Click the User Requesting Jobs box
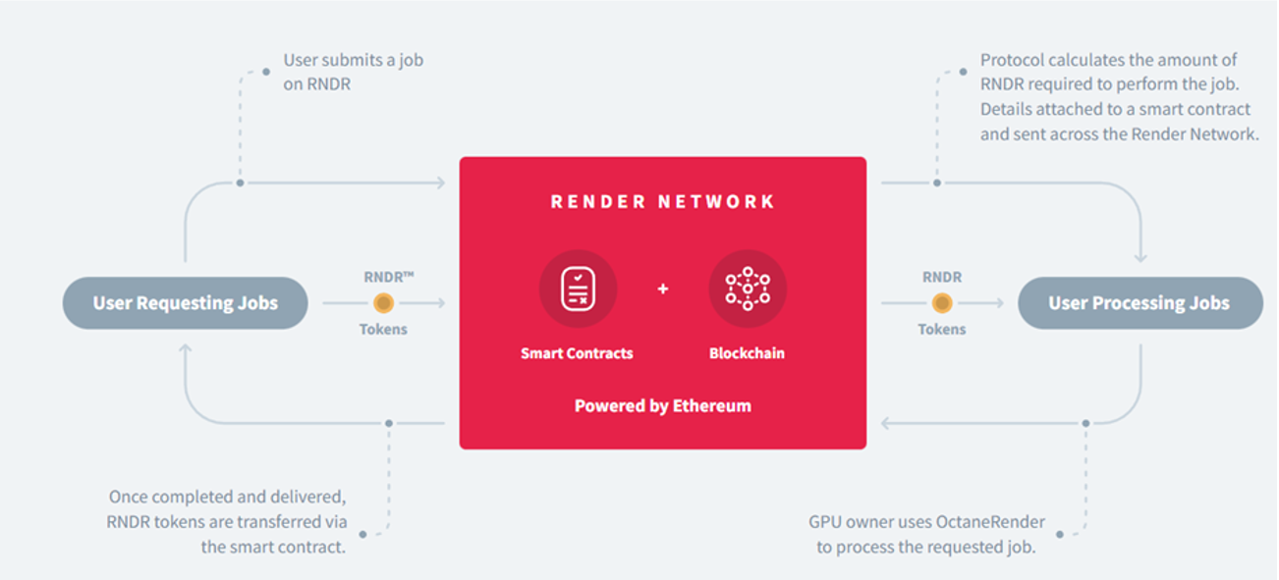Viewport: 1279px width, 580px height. pyautogui.click(x=186, y=303)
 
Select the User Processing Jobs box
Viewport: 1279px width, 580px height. pyautogui.click(x=1139, y=303)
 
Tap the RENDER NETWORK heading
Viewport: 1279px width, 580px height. pyautogui.click(x=663, y=202)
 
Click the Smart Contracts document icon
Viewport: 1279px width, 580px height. pyautogui.click(x=578, y=289)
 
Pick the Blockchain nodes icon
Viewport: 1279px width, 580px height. pyautogui.click(x=748, y=289)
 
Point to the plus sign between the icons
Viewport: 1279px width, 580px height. pyautogui.click(x=663, y=289)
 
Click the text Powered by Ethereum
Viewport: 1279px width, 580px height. pyautogui.click(x=663, y=405)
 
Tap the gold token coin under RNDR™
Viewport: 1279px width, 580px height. pyautogui.click(x=383, y=303)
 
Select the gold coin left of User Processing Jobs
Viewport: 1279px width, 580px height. pyautogui.click(x=941, y=303)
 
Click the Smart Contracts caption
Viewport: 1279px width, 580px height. pyautogui.click(x=577, y=353)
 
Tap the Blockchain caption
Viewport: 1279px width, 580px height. pyautogui.click(x=747, y=353)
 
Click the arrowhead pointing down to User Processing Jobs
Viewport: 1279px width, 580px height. pyautogui.click(x=1140, y=258)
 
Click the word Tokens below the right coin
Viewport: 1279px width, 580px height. pyautogui.click(x=941, y=330)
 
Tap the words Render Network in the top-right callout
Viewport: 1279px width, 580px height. pyautogui.click(x=1207, y=134)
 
